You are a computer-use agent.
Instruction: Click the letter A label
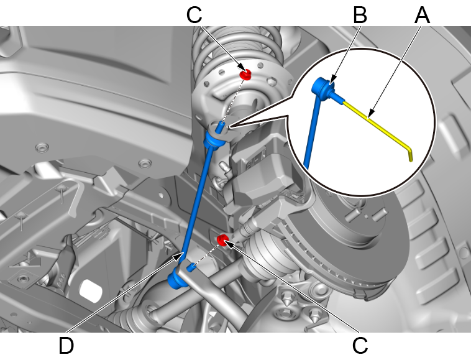tap(422, 15)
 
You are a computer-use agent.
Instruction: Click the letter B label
tap(360, 15)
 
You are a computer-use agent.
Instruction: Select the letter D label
tap(66, 346)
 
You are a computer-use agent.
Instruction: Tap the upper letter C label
tap(194, 15)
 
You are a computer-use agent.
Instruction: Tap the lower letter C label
tap(360, 346)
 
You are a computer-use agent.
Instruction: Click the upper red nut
tap(245, 74)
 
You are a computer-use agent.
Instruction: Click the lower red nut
tap(222, 240)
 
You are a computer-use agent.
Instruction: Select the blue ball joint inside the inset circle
tap(322, 86)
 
